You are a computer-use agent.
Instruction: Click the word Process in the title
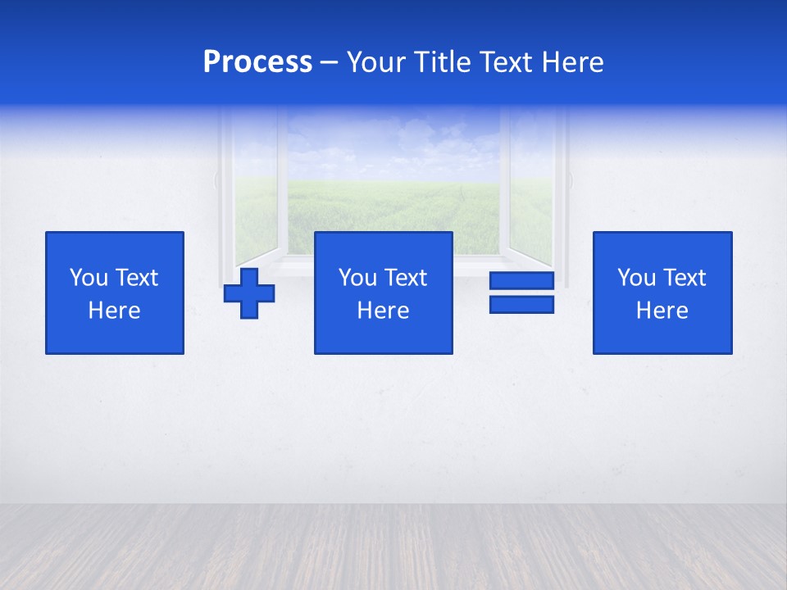point(257,62)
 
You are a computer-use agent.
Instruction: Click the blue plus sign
point(249,293)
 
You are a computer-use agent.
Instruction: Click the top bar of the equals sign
point(521,281)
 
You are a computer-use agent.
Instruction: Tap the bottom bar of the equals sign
point(521,305)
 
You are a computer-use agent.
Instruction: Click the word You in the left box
point(89,278)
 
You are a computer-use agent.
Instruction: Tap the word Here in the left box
point(114,311)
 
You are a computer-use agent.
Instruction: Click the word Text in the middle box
point(406,278)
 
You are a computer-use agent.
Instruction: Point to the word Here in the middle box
point(383,311)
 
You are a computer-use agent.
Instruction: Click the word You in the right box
point(636,278)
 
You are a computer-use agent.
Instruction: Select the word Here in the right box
point(662,311)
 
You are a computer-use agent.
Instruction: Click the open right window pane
point(531,188)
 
